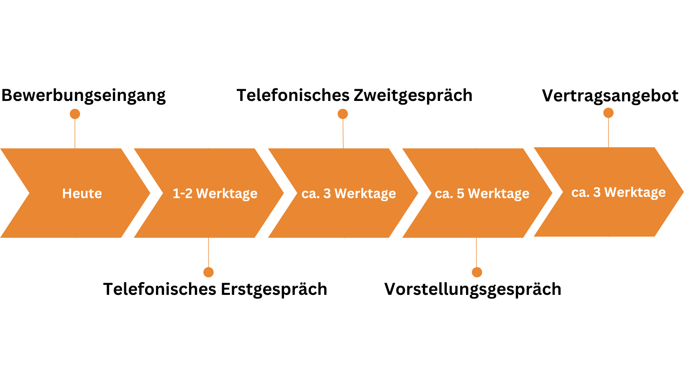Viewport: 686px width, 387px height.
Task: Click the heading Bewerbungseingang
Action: [83, 95]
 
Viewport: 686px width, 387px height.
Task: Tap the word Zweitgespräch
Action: [413, 95]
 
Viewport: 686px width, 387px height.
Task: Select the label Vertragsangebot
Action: [610, 96]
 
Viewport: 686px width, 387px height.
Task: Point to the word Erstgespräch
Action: [274, 289]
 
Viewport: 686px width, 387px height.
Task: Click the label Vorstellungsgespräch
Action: [473, 289]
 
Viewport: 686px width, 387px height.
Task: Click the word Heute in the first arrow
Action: [82, 193]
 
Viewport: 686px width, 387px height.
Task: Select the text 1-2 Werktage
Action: [215, 194]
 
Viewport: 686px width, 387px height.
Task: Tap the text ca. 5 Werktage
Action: [482, 194]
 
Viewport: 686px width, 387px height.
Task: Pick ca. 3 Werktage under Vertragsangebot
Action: [618, 193]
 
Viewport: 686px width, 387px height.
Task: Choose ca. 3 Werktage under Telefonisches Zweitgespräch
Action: [348, 194]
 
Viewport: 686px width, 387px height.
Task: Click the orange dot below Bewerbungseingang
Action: [75, 114]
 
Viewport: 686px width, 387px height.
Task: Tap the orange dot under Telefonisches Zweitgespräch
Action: [343, 114]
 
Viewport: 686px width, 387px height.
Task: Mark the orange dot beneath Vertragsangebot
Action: [609, 113]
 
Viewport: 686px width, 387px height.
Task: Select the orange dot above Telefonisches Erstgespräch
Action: [209, 272]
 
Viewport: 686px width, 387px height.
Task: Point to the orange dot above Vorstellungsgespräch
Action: [477, 272]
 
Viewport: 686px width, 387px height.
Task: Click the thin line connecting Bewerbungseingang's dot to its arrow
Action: [75, 134]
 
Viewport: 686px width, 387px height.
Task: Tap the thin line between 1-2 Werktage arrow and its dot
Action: [209, 253]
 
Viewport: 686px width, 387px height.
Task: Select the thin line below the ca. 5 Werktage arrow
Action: [476, 253]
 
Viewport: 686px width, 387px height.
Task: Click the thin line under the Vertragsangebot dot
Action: [609, 133]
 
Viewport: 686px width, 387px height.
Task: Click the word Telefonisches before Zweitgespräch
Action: [293, 95]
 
